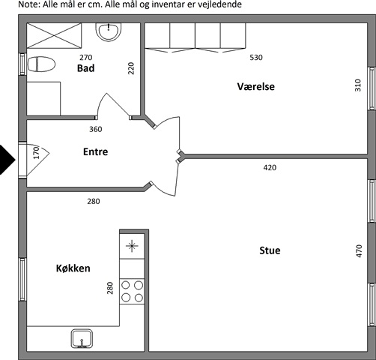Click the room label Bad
click(x=85, y=68)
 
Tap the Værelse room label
click(x=256, y=86)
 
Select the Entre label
click(x=96, y=151)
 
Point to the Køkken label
click(x=73, y=268)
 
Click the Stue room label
click(x=270, y=250)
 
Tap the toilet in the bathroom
click(x=41, y=64)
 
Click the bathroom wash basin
click(x=109, y=31)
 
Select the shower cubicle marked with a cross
click(x=54, y=35)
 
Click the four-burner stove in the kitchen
click(x=132, y=291)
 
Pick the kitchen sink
click(x=82, y=338)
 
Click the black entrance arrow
click(x=7, y=160)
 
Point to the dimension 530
click(x=256, y=58)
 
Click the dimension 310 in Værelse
click(x=358, y=85)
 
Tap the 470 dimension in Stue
click(x=359, y=250)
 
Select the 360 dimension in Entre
click(x=96, y=129)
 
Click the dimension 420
click(x=270, y=167)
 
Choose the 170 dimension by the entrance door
click(x=37, y=152)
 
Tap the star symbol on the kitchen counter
click(x=132, y=246)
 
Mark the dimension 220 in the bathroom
click(x=131, y=68)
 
